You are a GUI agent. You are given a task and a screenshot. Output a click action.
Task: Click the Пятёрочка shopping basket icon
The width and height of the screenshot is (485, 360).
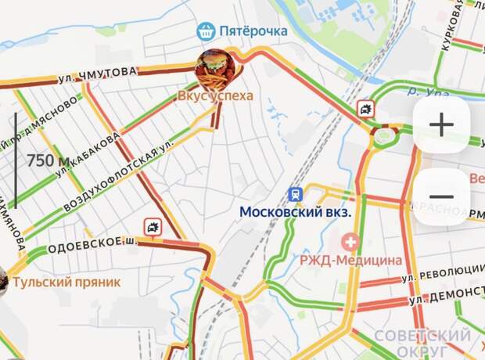coord(207,31)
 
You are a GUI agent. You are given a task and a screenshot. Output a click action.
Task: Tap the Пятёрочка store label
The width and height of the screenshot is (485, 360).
coord(253,31)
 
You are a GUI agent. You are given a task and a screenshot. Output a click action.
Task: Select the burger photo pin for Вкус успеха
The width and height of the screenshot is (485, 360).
coord(213,70)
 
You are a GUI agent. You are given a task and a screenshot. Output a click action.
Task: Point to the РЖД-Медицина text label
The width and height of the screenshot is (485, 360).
coord(352,260)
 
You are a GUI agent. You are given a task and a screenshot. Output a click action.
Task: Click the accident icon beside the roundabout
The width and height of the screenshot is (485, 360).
coord(365,109)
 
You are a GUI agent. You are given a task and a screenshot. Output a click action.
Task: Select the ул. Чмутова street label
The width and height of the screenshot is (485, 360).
coord(97,75)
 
